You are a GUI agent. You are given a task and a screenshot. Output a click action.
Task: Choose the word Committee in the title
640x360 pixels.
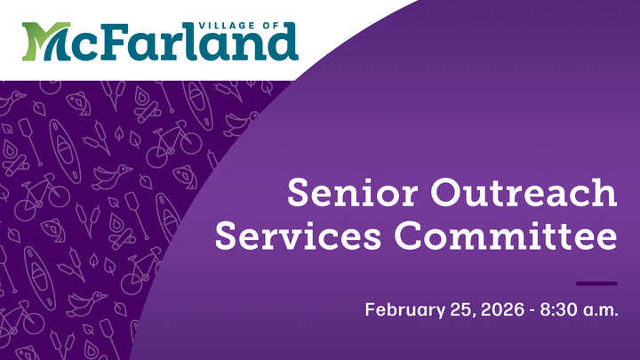(x=506, y=237)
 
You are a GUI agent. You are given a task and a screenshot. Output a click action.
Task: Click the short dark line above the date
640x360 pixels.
(x=596, y=284)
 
